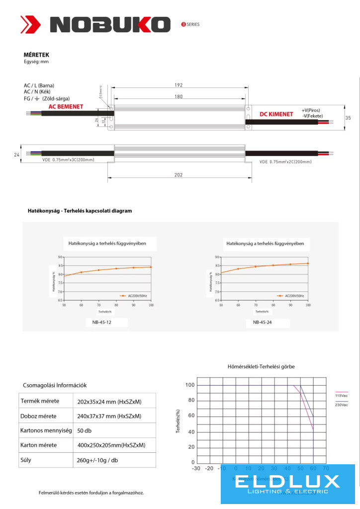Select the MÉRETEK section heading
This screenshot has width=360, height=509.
coord(36,55)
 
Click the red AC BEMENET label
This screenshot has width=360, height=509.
coord(66,107)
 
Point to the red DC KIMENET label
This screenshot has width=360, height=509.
coord(276,114)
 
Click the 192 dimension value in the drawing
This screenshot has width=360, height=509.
coord(179,85)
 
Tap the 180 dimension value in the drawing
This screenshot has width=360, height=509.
coord(179,97)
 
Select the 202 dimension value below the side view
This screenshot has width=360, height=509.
coord(179,174)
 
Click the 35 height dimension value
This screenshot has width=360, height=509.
coord(348,118)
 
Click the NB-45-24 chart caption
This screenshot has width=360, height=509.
coord(263,322)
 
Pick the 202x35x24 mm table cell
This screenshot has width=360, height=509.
coord(109,402)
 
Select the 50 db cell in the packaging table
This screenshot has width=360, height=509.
coord(85,430)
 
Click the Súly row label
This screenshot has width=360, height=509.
coord(26,460)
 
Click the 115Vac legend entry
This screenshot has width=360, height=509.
coord(342,396)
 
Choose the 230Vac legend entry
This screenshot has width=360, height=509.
coord(342,405)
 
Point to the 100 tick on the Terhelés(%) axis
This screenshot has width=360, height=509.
coord(189,385)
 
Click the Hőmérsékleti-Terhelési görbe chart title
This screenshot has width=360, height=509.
coord(261,367)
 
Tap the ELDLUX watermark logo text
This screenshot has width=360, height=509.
coord(287,481)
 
